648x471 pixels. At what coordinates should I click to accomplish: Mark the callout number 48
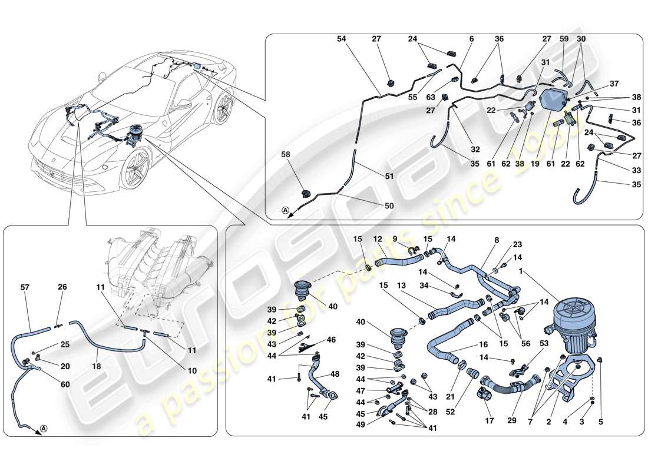click(335, 374)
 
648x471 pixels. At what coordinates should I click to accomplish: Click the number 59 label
click(564, 39)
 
